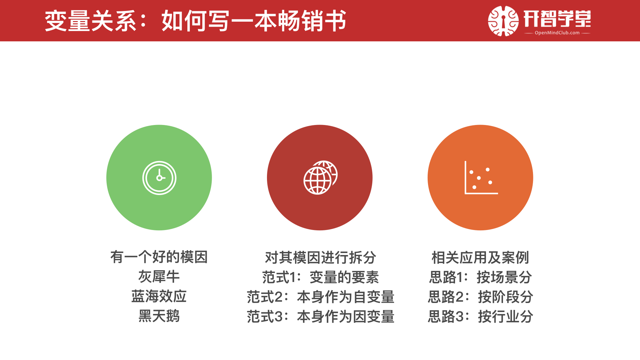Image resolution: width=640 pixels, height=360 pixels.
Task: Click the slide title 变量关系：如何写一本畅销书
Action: [x=196, y=21]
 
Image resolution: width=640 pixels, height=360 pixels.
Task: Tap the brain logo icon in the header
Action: [x=503, y=21]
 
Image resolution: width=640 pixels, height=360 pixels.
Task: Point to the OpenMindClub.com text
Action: [x=557, y=33]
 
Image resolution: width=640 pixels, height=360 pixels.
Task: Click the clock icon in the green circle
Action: [x=159, y=178]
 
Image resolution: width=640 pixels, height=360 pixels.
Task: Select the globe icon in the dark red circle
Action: [x=320, y=177]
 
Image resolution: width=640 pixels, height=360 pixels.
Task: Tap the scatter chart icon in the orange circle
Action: [x=481, y=177]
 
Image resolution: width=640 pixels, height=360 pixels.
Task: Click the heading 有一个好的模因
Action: [x=159, y=257]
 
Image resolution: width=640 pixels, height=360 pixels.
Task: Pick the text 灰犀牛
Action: [x=159, y=277]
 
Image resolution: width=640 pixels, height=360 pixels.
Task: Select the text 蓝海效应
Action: [x=159, y=296]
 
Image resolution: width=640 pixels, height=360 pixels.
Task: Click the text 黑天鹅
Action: [x=159, y=316]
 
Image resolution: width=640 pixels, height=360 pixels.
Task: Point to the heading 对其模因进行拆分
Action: [x=320, y=257]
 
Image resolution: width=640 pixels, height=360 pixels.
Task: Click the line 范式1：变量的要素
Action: [x=320, y=277]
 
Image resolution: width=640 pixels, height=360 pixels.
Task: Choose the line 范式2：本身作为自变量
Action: [x=320, y=297]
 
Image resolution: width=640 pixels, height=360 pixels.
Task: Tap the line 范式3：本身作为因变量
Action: [x=320, y=316]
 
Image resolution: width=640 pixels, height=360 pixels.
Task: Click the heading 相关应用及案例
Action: [x=480, y=257]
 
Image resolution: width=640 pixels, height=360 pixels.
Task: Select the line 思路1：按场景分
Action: [x=480, y=277]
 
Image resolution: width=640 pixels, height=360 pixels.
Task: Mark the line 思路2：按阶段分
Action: [x=480, y=297]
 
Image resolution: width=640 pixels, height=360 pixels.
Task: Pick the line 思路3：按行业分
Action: [x=480, y=316]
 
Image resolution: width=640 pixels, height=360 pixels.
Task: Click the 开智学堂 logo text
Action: [x=557, y=18]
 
